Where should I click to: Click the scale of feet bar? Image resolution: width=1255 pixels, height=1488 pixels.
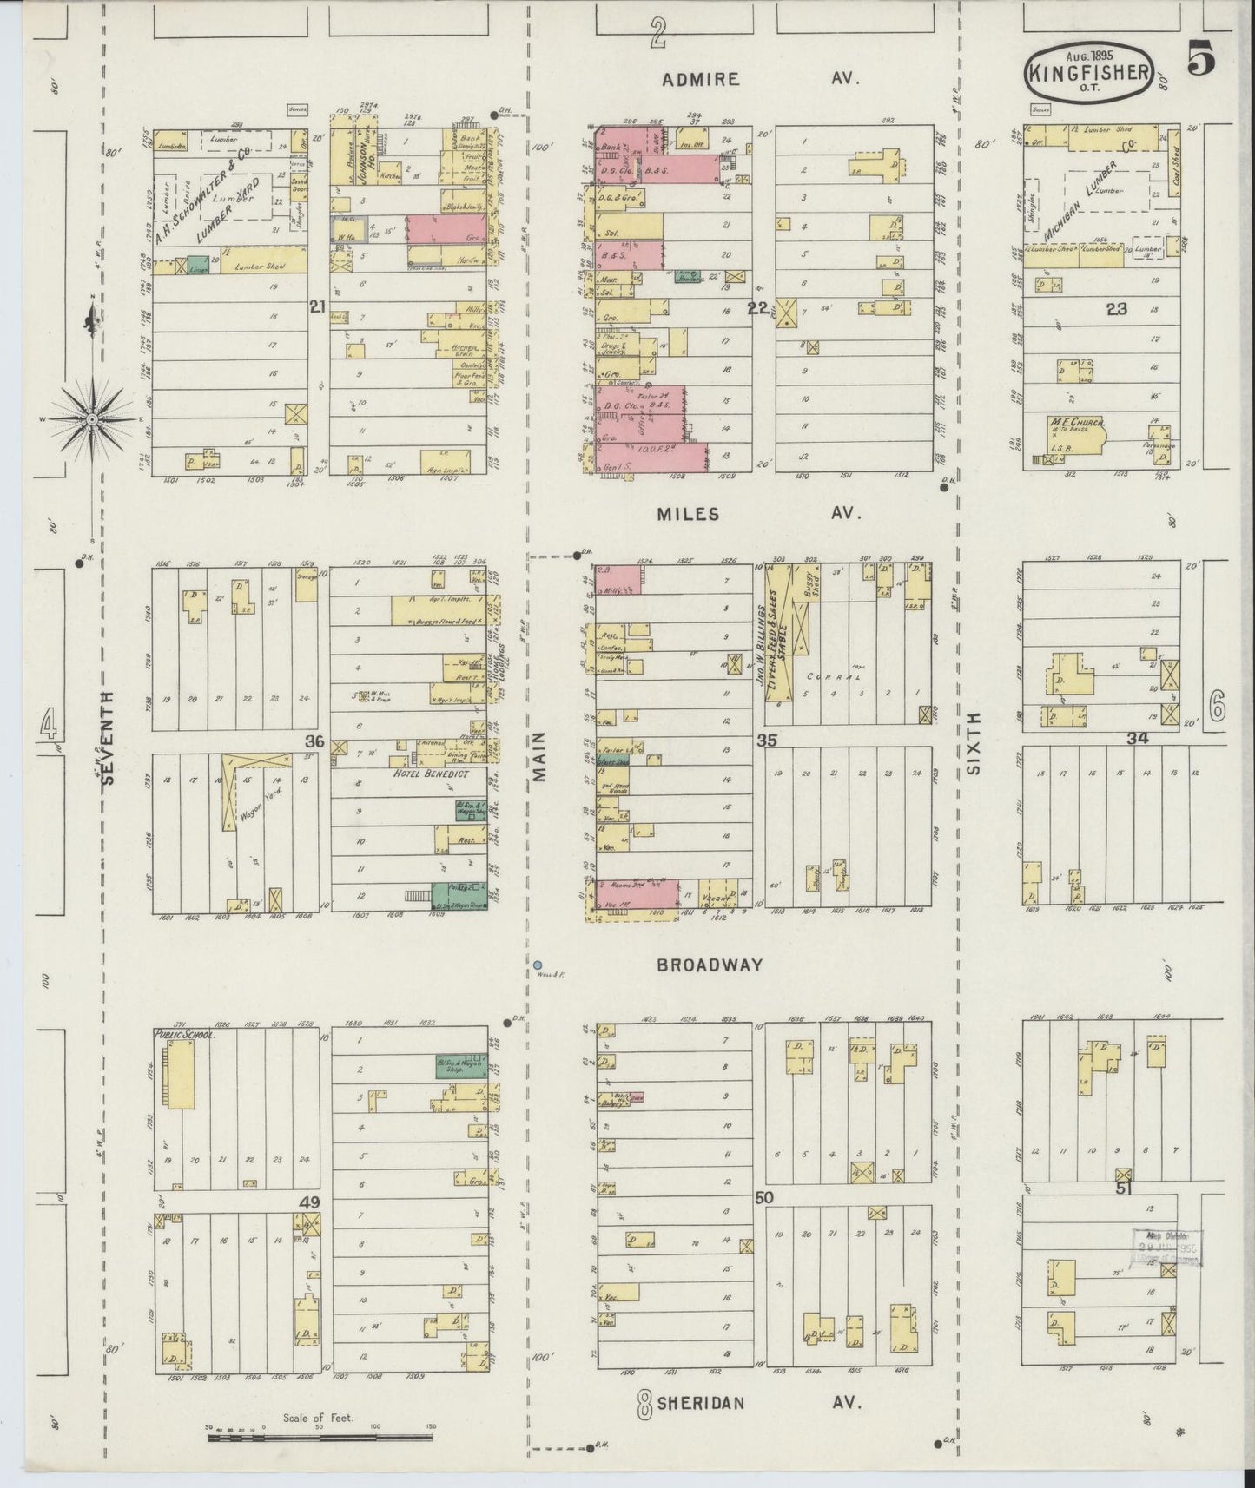pyautogui.click(x=319, y=1438)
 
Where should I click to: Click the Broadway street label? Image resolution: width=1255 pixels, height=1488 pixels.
pyautogui.click(x=710, y=965)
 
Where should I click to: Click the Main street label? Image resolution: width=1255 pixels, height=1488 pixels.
pyautogui.click(x=540, y=755)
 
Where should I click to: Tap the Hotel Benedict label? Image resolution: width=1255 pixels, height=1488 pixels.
pyautogui.click(x=431, y=774)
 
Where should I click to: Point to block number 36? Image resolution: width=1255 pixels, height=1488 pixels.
pyautogui.click(x=314, y=741)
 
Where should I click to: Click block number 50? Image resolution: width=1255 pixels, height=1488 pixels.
pyautogui.click(x=764, y=1198)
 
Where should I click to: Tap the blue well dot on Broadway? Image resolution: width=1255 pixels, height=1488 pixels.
pyautogui.click(x=538, y=965)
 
